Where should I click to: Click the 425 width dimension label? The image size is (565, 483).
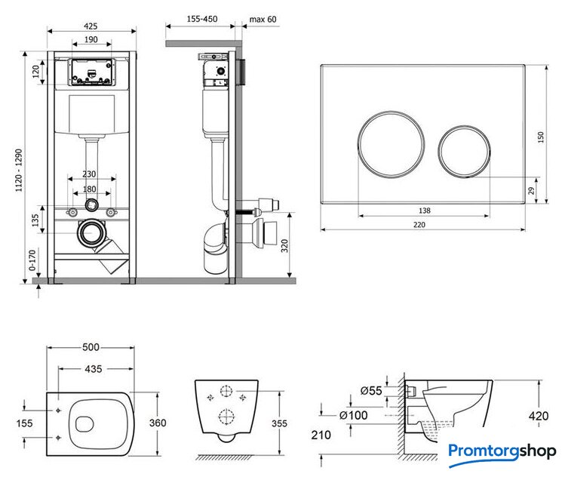tap(91, 25)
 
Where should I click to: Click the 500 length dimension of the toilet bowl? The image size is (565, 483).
tap(91, 348)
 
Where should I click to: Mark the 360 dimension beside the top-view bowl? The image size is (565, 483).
tap(158, 423)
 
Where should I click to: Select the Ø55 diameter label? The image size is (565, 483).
tap(370, 390)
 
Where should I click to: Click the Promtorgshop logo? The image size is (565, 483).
tap(501, 452)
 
